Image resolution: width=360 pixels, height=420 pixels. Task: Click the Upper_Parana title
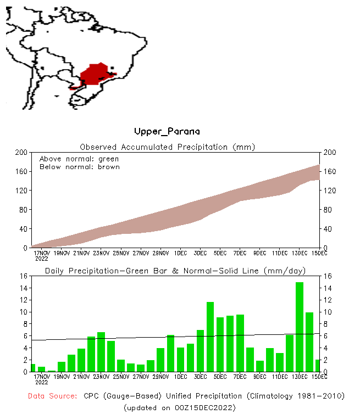point(167,132)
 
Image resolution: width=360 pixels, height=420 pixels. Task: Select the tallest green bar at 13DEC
point(300,327)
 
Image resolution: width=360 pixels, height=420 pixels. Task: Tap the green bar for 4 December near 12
point(210,337)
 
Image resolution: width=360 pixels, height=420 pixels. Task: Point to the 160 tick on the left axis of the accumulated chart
point(22,171)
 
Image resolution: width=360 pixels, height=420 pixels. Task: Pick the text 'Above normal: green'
point(79,159)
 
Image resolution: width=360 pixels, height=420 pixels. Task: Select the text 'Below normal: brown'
point(79,167)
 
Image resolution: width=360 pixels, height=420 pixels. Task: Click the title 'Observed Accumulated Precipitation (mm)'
point(168,147)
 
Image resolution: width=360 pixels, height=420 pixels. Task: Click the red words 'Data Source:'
point(53,396)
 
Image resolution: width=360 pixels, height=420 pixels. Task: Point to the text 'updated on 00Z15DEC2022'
point(180,407)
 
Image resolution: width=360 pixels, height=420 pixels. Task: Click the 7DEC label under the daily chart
point(240,377)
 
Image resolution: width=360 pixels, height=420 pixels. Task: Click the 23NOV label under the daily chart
point(101,377)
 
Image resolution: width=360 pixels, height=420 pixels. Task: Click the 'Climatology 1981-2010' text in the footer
point(294,396)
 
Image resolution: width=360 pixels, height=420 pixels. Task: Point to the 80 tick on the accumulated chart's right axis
point(327,210)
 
